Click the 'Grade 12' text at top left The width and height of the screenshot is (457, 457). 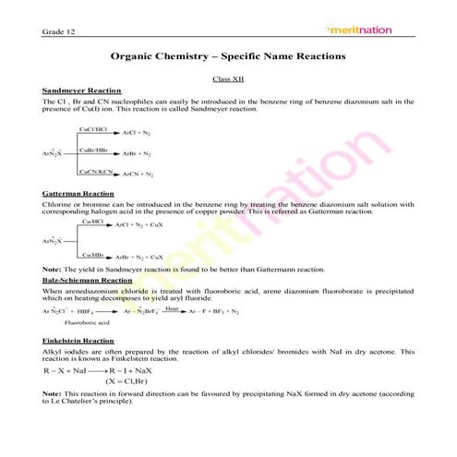tap(56, 33)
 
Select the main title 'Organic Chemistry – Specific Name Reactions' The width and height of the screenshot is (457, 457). tap(228, 57)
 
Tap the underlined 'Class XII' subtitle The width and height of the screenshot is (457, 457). tap(228, 80)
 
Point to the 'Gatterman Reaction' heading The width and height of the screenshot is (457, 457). tap(78, 193)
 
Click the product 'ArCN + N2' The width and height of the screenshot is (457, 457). tap(137, 174)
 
